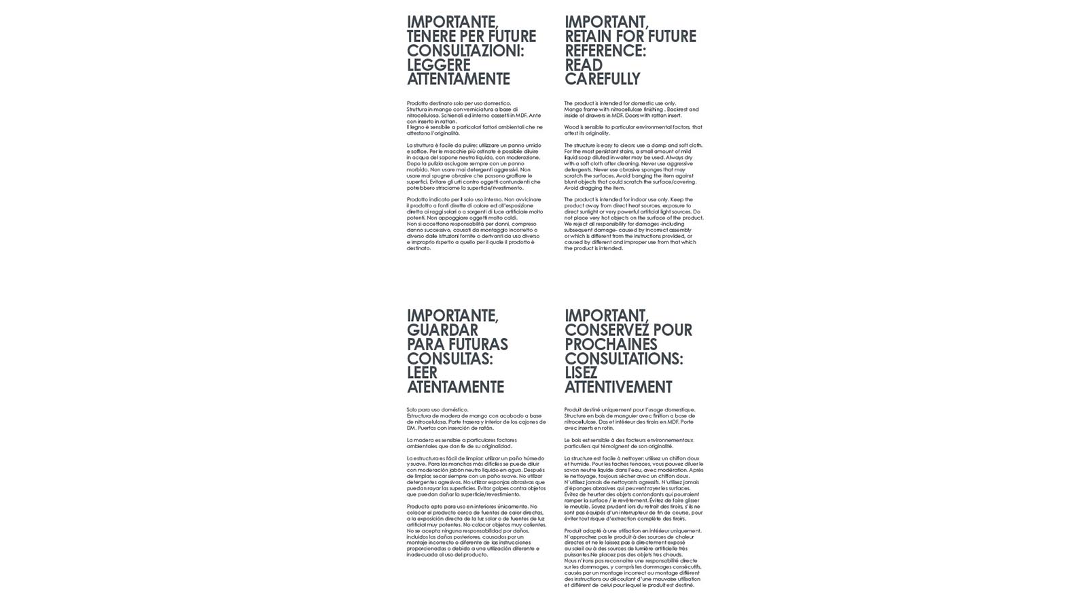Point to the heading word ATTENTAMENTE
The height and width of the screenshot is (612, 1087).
point(459,80)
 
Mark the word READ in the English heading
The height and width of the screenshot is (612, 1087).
point(584,65)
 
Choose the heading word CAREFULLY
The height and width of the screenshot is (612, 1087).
point(603,80)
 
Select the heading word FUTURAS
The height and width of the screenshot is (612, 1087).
point(479,345)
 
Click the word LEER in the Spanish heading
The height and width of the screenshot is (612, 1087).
point(422,373)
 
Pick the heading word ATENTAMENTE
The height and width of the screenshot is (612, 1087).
point(456,388)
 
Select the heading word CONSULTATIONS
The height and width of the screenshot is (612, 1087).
point(623,359)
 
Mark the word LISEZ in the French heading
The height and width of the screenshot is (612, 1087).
point(581,373)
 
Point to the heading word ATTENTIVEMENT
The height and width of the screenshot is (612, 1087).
point(618,388)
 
